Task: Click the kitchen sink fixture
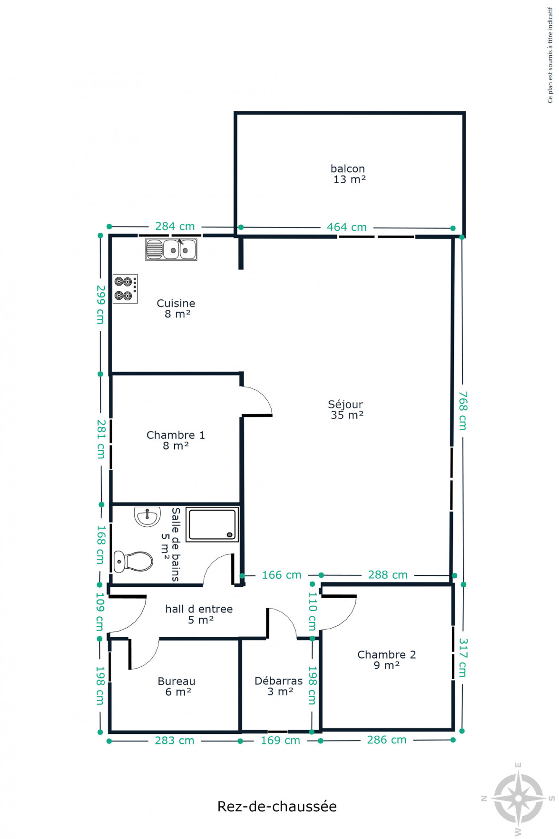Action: [x=171, y=249]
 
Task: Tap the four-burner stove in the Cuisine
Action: [x=125, y=289]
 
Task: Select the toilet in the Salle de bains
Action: [x=133, y=562]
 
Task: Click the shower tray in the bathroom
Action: [x=212, y=524]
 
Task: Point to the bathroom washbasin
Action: [x=147, y=516]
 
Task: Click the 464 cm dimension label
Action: [x=347, y=227]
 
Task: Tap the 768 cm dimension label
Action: [x=463, y=411]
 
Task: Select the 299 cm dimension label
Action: [x=100, y=305]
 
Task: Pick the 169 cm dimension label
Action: [x=280, y=740]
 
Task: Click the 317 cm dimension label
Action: [x=463, y=658]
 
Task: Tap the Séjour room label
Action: [x=346, y=410]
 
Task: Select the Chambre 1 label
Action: [x=176, y=440]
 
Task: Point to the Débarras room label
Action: [x=279, y=686]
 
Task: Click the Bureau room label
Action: [x=177, y=687]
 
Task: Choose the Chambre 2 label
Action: [x=387, y=660]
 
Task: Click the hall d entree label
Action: [x=199, y=614]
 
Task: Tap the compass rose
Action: [x=518, y=799]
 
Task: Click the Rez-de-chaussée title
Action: [x=277, y=806]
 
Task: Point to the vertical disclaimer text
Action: [x=550, y=55]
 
